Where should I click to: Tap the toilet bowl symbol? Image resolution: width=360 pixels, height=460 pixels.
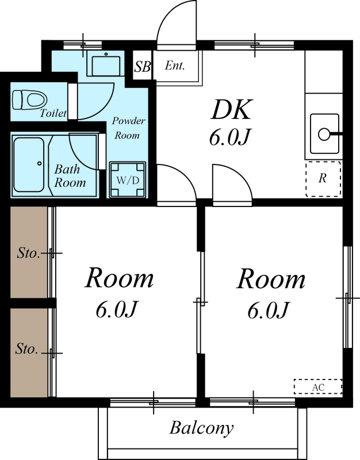(26, 99)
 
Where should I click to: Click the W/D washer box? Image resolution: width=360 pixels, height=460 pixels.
(128, 179)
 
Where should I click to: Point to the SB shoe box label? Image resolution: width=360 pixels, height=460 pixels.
(142, 67)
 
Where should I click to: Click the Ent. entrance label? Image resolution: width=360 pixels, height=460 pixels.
(174, 66)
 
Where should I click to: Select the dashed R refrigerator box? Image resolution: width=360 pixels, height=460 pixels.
(323, 178)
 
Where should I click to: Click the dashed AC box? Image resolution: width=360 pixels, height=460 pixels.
(317, 387)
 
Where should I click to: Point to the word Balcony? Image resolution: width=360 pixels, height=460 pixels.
(201, 428)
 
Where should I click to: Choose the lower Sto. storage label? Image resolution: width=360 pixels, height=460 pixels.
(27, 349)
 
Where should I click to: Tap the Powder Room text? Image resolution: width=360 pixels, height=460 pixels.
(128, 128)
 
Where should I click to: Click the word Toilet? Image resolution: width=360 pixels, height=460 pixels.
(53, 113)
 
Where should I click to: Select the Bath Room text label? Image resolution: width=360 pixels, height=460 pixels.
(70, 176)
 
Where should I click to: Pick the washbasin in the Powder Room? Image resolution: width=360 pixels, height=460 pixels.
(106, 65)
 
